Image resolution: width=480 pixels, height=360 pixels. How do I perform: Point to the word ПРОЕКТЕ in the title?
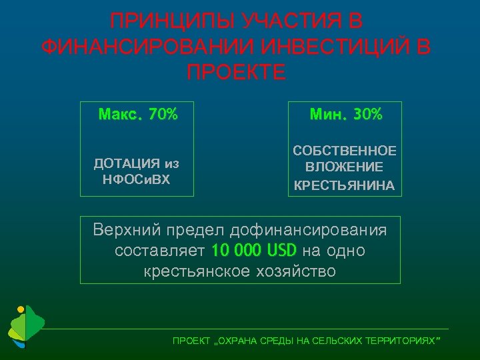(x=237, y=71)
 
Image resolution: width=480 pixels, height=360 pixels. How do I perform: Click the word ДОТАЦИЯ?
(x=127, y=163)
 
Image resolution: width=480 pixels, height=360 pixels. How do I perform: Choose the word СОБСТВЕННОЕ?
(x=345, y=151)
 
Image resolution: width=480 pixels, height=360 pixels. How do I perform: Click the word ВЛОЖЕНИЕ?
(x=345, y=167)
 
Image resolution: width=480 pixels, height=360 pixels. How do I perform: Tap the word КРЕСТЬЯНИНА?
(x=345, y=185)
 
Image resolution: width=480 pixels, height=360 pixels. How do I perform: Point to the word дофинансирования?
(x=308, y=231)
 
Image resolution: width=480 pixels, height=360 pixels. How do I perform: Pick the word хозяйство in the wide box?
(x=291, y=271)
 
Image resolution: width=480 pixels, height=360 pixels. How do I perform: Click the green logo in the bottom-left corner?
(x=25, y=326)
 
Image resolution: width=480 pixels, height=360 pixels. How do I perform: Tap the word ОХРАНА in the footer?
(x=236, y=341)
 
